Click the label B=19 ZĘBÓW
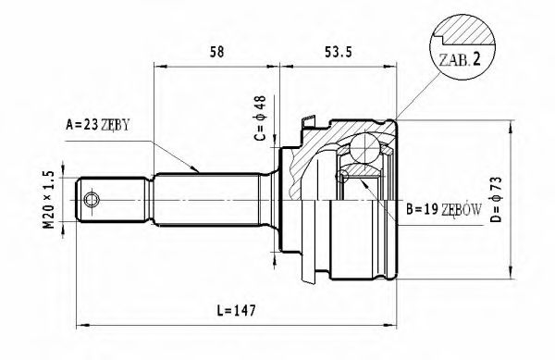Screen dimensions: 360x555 point(441,210)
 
